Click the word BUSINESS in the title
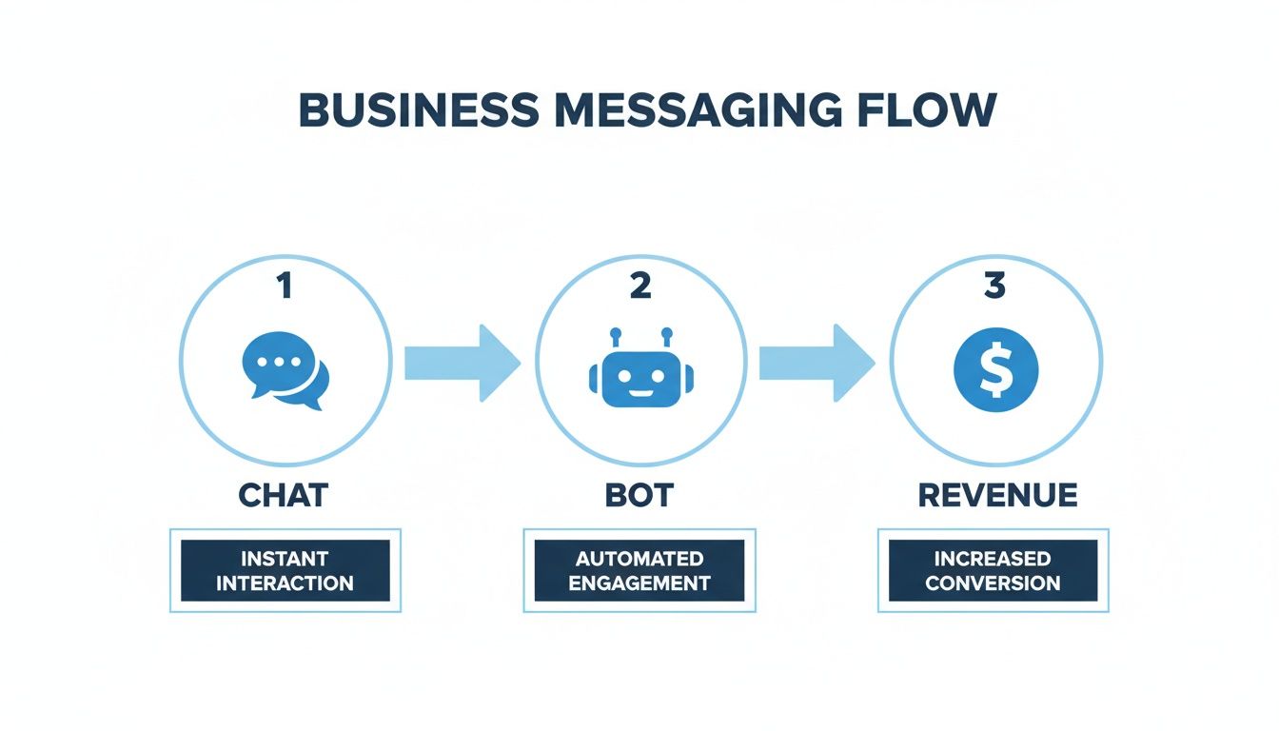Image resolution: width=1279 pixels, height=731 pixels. (x=418, y=110)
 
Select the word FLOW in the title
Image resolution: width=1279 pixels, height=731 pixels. (x=923, y=110)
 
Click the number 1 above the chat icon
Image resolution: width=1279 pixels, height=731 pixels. (x=284, y=286)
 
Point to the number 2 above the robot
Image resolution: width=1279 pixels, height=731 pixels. (x=640, y=286)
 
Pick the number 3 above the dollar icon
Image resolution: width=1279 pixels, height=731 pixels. (x=995, y=286)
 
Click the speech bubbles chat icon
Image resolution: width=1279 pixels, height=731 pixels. (x=285, y=370)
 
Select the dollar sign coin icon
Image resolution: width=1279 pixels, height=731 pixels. (x=995, y=369)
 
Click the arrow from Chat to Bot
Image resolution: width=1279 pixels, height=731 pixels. (x=462, y=363)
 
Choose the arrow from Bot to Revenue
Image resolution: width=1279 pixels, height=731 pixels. (x=817, y=363)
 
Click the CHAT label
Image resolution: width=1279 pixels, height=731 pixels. (x=284, y=496)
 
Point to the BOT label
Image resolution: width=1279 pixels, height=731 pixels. (x=639, y=496)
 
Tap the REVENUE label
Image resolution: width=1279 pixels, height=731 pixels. (x=997, y=496)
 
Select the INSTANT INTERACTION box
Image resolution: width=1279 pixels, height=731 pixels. (x=285, y=570)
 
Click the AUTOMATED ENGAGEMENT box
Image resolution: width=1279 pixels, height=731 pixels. (x=639, y=570)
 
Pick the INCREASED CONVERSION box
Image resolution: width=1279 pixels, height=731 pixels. (x=993, y=570)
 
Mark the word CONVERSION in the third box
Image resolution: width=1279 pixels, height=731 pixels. (x=993, y=583)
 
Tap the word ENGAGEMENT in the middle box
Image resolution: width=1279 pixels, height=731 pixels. (x=639, y=583)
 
